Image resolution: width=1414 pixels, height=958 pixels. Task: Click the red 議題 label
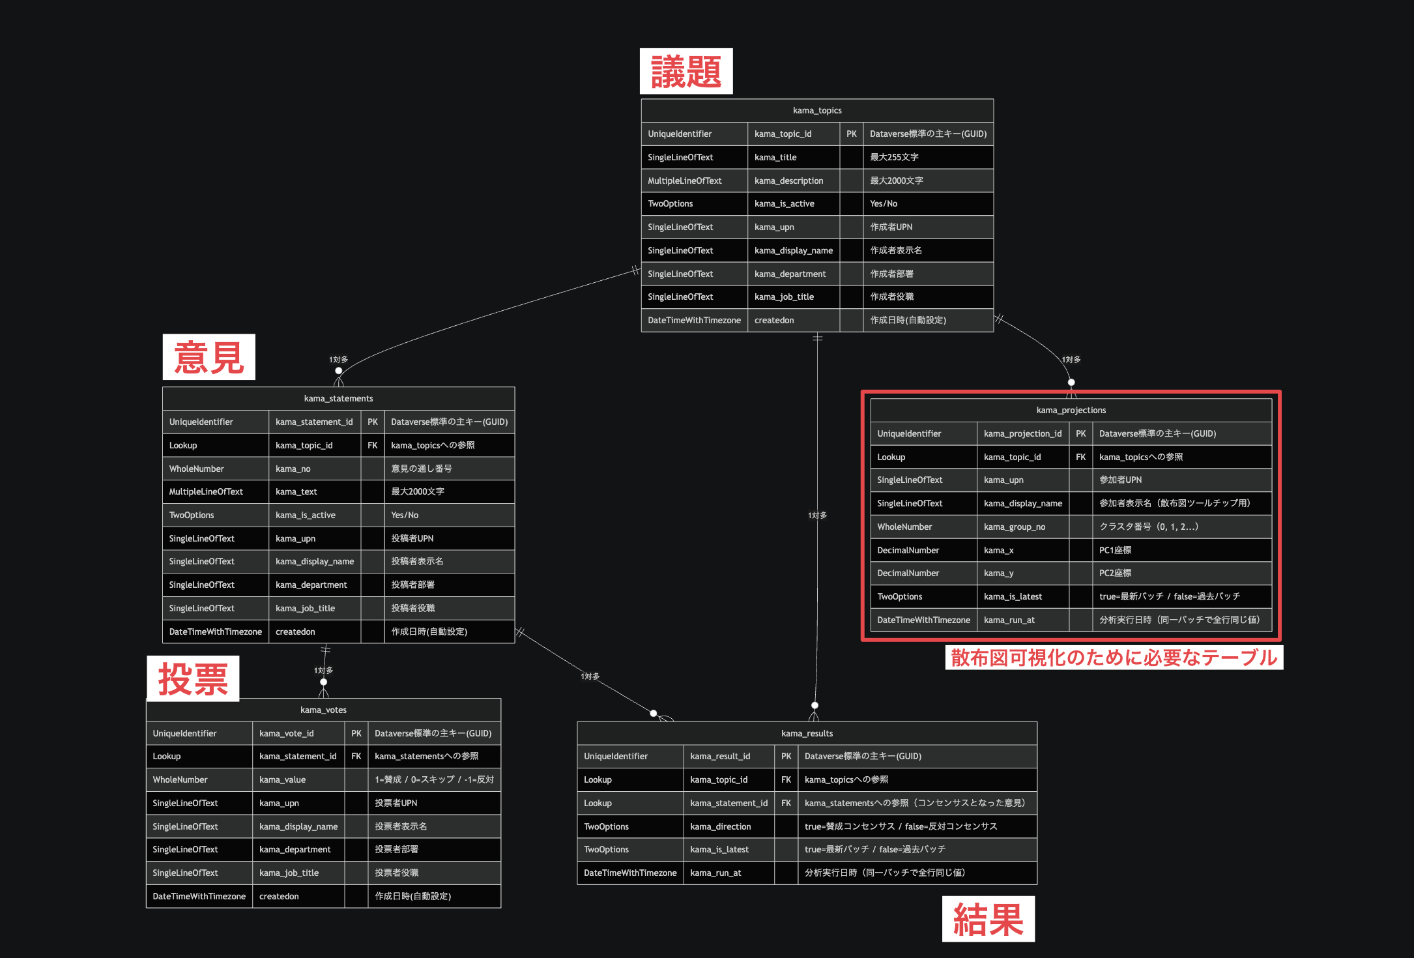click(x=686, y=71)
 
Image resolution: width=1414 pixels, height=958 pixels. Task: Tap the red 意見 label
click(x=209, y=357)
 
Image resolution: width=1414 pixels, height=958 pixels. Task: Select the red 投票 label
click(x=193, y=678)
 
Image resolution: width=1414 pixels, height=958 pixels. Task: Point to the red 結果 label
click(x=988, y=919)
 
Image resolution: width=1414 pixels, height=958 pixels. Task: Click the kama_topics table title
click(x=817, y=111)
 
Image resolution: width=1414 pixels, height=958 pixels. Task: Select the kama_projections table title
click(x=1071, y=410)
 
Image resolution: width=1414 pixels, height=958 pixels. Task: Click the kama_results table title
click(x=807, y=733)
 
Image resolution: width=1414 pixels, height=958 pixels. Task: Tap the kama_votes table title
click(x=323, y=710)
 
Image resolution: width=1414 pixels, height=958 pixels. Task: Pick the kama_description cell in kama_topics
click(x=793, y=181)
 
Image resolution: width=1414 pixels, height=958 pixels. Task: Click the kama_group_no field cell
click(x=1022, y=527)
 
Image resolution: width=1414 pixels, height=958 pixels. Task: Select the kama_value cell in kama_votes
click(x=298, y=779)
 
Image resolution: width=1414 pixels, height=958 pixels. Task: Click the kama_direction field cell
click(x=729, y=826)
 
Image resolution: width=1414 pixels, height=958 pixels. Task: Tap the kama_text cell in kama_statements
click(x=314, y=491)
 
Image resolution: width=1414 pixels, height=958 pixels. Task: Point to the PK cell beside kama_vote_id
click(x=356, y=733)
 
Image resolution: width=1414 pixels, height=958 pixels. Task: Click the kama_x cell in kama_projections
click(x=1022, y=550)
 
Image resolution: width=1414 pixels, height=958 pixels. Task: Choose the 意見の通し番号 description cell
click(x=449, y=469)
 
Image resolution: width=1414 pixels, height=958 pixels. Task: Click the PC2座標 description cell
click(x=1182, y=573)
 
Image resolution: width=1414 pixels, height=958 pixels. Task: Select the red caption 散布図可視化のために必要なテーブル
click(x=1114, y=658)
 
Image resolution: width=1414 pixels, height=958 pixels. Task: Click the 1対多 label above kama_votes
click(x=323, y=670)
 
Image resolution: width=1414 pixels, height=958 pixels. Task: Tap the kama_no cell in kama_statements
click(x=314, y=469)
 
